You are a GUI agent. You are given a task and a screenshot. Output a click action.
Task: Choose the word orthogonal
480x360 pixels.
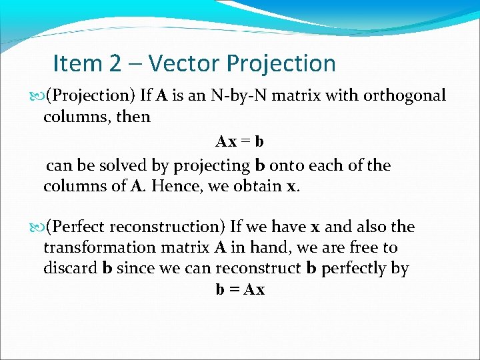pos(404,96)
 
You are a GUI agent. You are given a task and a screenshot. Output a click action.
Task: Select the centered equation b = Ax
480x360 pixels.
pos(240,290)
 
